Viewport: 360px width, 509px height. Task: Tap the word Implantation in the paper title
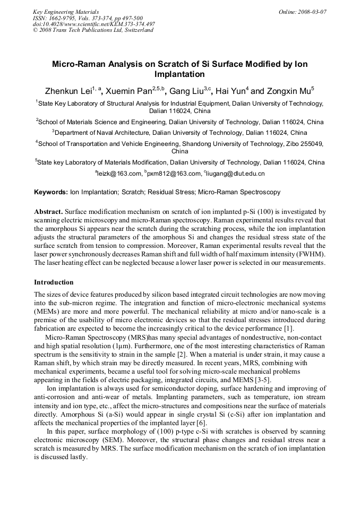(x=179, y=74)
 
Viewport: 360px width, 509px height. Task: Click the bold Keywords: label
(x=51, y=192)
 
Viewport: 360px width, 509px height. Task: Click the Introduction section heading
(x=54, y=282)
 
